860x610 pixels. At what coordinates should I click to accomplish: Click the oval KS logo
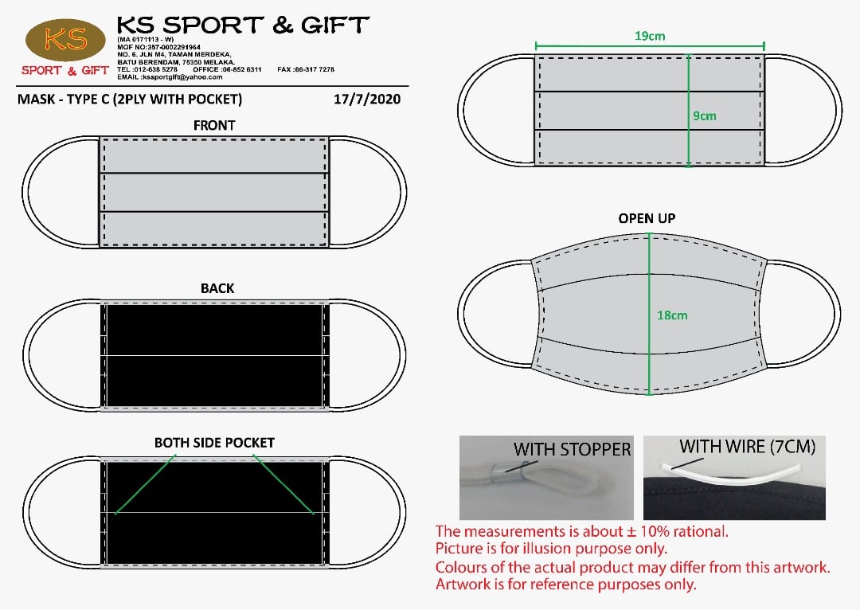pos(65,40)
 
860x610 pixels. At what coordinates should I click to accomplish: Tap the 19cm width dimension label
pos(650,36)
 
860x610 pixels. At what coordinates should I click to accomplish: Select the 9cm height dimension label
pos(704,115)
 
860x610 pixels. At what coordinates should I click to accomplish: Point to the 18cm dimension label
pos(672,315)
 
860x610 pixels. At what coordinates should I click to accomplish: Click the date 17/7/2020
pos(367,100)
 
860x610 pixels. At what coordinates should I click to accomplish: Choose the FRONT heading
pos(214,126)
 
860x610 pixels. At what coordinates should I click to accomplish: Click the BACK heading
pos(217,288)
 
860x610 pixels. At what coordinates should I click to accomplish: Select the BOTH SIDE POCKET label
pos(214,443)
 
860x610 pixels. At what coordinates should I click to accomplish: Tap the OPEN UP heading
pos(647,218)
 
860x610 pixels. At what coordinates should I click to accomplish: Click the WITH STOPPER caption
pos(572,449)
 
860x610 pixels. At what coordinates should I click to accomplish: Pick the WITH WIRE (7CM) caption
pos(747,447)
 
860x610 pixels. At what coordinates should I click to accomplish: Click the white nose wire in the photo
pos(730,473)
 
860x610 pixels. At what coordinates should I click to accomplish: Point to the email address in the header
pos(170,77)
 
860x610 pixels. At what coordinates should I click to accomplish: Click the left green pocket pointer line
pos(146,484)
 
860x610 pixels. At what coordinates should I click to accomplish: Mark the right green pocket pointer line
pos(283,484)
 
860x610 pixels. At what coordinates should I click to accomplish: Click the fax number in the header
pos(306,69)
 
